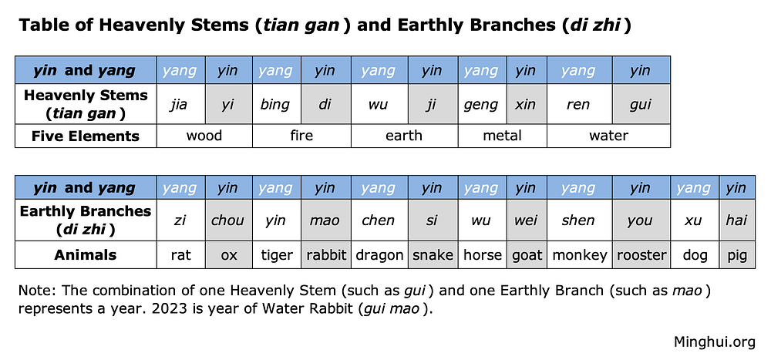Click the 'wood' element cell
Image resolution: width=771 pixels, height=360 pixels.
204,136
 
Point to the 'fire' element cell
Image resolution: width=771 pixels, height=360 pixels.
301,136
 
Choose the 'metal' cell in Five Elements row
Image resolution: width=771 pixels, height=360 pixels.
502,136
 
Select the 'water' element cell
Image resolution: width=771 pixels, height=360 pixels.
608,136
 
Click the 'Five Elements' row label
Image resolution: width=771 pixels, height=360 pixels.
86,136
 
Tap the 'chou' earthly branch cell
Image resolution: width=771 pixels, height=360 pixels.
227,220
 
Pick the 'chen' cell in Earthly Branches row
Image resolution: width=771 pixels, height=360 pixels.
378,220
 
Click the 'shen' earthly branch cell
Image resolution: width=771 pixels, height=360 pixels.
578,220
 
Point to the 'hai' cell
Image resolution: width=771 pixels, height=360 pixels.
736,220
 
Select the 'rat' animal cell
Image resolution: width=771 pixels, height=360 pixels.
180,255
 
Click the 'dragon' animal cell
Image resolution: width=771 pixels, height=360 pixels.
379,255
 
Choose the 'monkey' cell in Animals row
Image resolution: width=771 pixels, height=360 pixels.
578,255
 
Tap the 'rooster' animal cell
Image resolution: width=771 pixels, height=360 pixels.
641,255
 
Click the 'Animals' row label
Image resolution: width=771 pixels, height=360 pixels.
86,255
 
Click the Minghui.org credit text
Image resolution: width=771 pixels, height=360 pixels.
714,341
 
